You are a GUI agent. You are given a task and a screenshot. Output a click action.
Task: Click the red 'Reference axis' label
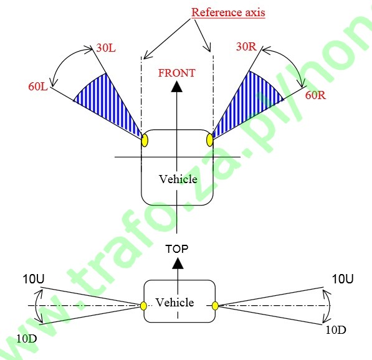click(x=228, y=12)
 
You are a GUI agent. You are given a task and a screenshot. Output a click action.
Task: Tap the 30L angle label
click(x=106, y=48)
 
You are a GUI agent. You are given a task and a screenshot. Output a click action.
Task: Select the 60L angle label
click(x=38, y=87)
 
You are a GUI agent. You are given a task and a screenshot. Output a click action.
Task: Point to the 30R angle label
click(x=246, y=47)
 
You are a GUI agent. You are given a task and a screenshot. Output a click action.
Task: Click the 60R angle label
click(x=315, y=95)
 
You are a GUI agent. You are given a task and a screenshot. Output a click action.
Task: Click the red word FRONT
click(x=177, y=73)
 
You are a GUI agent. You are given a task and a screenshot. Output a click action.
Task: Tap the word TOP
click(x=177, y=249)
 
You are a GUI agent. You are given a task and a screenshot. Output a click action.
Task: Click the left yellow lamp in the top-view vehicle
click(x=145, y=141)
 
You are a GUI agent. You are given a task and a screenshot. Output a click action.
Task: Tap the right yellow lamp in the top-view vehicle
click(x=209, y=140)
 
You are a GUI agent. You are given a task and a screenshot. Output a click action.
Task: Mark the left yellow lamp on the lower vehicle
click(x=143, y=306)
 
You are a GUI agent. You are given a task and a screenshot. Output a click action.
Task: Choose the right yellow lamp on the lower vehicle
click(x=215, y=306)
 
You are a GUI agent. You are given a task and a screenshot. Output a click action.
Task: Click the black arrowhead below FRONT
click(x=177, y=87)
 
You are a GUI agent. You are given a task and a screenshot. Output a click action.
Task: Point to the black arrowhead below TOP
click(x=178, y=263)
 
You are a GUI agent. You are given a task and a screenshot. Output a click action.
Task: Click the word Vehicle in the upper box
click(x=178, y=179)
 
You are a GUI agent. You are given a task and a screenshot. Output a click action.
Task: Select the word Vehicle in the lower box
click(x=175, y=302)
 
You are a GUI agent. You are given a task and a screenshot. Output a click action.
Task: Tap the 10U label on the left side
click(x=34, y=279)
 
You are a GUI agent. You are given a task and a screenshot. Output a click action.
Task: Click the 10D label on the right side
click(x=336, y=330)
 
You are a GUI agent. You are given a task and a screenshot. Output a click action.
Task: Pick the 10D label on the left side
click(x=27, y=339)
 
